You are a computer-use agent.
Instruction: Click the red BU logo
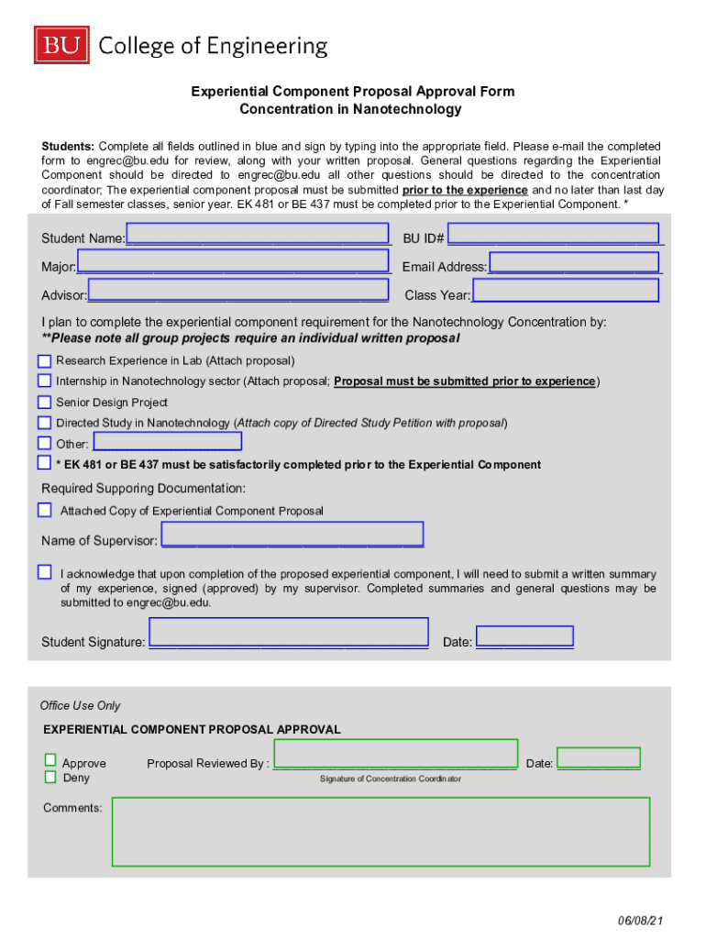pyautogui.click(x=62, y=45)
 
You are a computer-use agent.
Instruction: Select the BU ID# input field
pyautogui.click(x=553, y=234)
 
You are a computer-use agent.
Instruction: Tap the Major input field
pyautogui.click(x=234, y=263)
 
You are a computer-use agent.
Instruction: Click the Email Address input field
pyautogui.click(x=575, y=262)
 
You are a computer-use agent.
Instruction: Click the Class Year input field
pyautogui.click(x=566, y=291)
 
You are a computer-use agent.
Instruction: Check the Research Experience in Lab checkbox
pyautogui.click(x=44, y=360)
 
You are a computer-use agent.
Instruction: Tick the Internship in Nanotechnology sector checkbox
pyautogui.click(x=44, y=381)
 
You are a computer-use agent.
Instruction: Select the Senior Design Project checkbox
pyautogui.click(x=44, y=402)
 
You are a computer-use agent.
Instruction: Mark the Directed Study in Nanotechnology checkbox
pyautogui.click(x=44, y=423)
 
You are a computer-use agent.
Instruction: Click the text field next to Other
pyautogui.click(x=168, y=441)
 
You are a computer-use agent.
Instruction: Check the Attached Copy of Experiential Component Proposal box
pyautogui.click(x=44, y=509)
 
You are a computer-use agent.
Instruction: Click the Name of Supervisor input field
pyautogui.click(x=292, y=534)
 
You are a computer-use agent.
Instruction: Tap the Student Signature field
pyautogui.click(x=289, y=633)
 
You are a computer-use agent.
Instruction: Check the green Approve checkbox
pyautogui.click(x=50, y=760)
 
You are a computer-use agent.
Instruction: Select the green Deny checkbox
pyautogui.click(x=50, y=777)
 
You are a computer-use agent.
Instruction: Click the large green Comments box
pyautogui.click(x=381, y=832)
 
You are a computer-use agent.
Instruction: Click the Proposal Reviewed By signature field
pyautogui.click(x=395, y=753)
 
